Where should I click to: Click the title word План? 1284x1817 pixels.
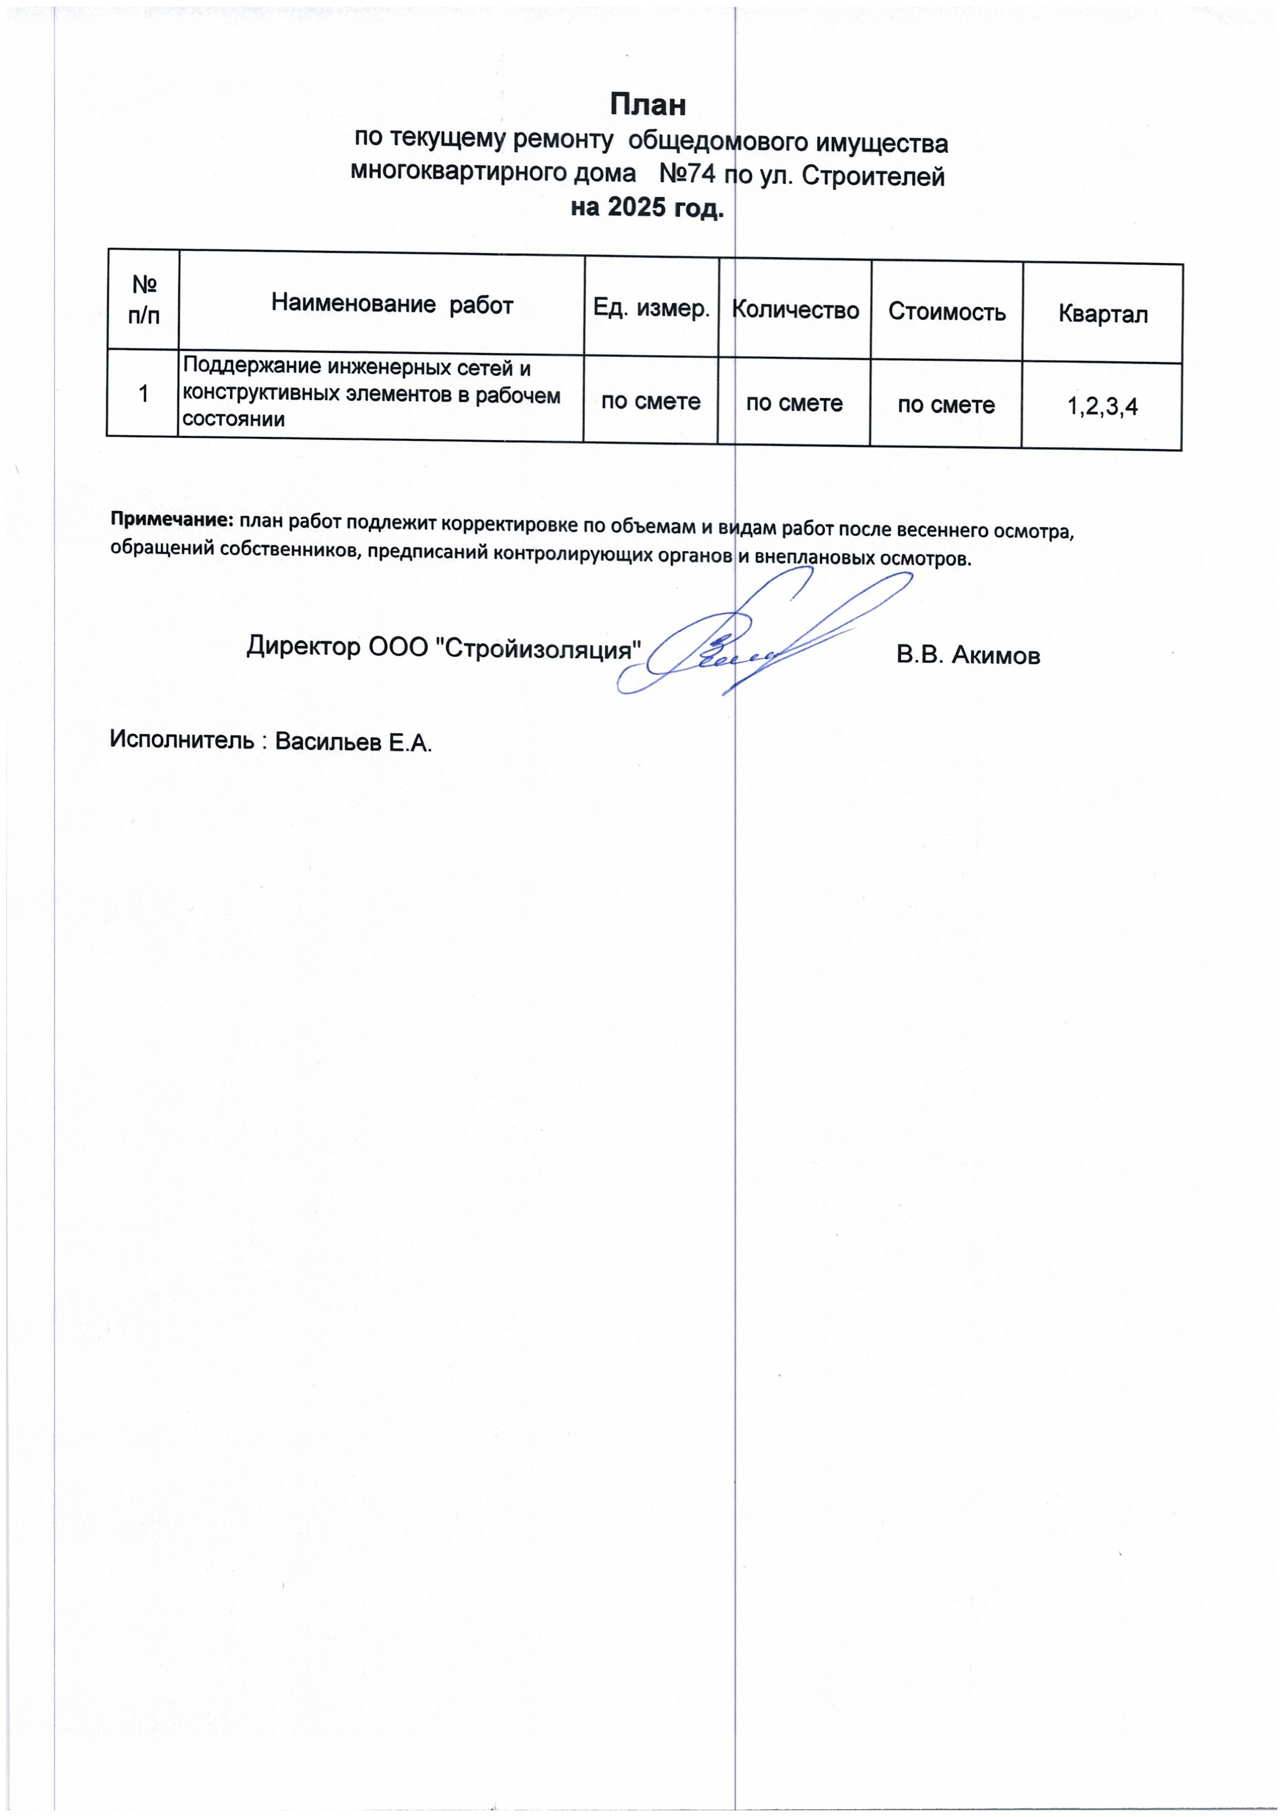[x=647, y=105]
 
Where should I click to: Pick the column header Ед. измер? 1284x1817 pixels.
[x=651, y=308]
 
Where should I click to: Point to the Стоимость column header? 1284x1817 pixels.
[x=946, y=312]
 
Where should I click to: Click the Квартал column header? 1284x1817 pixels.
[x=1103, y=314]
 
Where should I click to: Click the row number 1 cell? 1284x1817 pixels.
[x=143, y=393]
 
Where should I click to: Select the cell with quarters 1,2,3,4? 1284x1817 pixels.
[x=1102, y=407]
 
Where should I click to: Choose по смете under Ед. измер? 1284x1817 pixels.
[x=650, y=402]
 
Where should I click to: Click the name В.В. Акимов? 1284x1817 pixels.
[x=968, y=655]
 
